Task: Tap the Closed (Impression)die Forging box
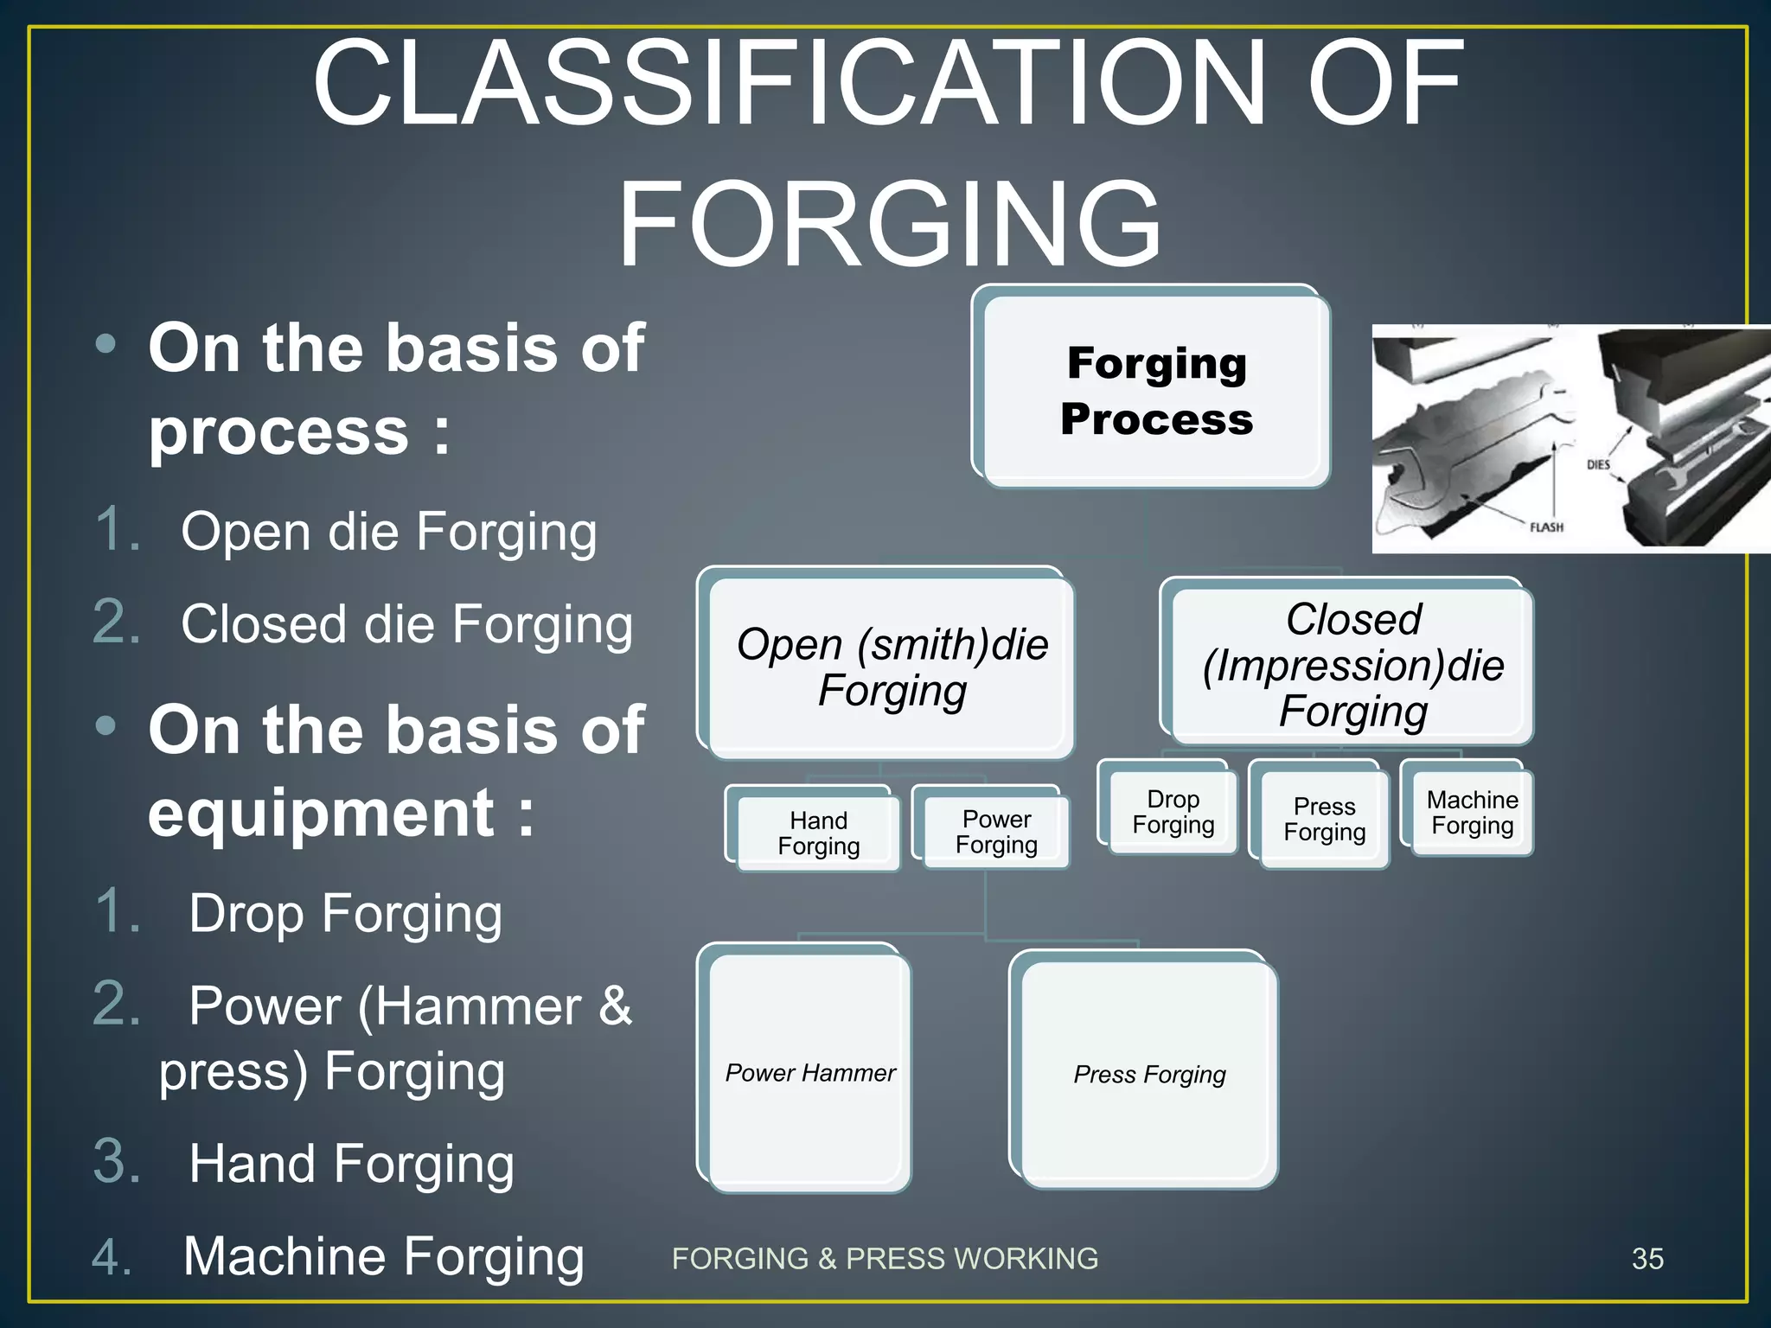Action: pyautogui.click(x=1352, y=666)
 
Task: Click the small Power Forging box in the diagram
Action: pyautogui.click(x=996, y=832)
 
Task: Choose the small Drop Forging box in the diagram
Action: pyautogui.click(x=1173, y=812)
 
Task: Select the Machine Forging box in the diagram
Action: pyautogui.click(x=1472, y=813)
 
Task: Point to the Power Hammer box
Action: pyautogui.click(x=809, y=1073)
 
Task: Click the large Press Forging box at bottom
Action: pyautogui.click(x=1149, y=1075)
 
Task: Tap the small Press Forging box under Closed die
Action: pyautogui.click(x=1324, y=819)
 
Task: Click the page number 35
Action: pyautogui.click(x=1647, y=1259)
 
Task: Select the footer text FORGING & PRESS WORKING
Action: pyautogui.click(x=885, y=1259)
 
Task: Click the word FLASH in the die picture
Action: pyautogui.click(x=1546, y=527)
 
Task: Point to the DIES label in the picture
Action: pyautogui.click(x=1598, y=464)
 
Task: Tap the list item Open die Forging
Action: pyautogui.click(x=388, y=531)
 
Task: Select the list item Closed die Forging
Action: pyautogui.click(x=406, y=623)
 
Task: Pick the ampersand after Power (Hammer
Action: pyautogui.click(x=615, y=1006)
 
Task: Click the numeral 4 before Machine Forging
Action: pyautogui.click(x=112, y=1256)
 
